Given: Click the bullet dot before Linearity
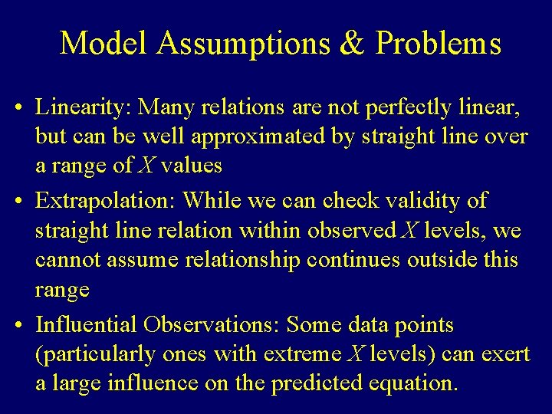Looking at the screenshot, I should click(x=18, y=110).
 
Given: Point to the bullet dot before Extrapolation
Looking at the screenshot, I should click(x=18, y=201).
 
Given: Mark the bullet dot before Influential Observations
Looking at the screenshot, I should click(x=18, y=325).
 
